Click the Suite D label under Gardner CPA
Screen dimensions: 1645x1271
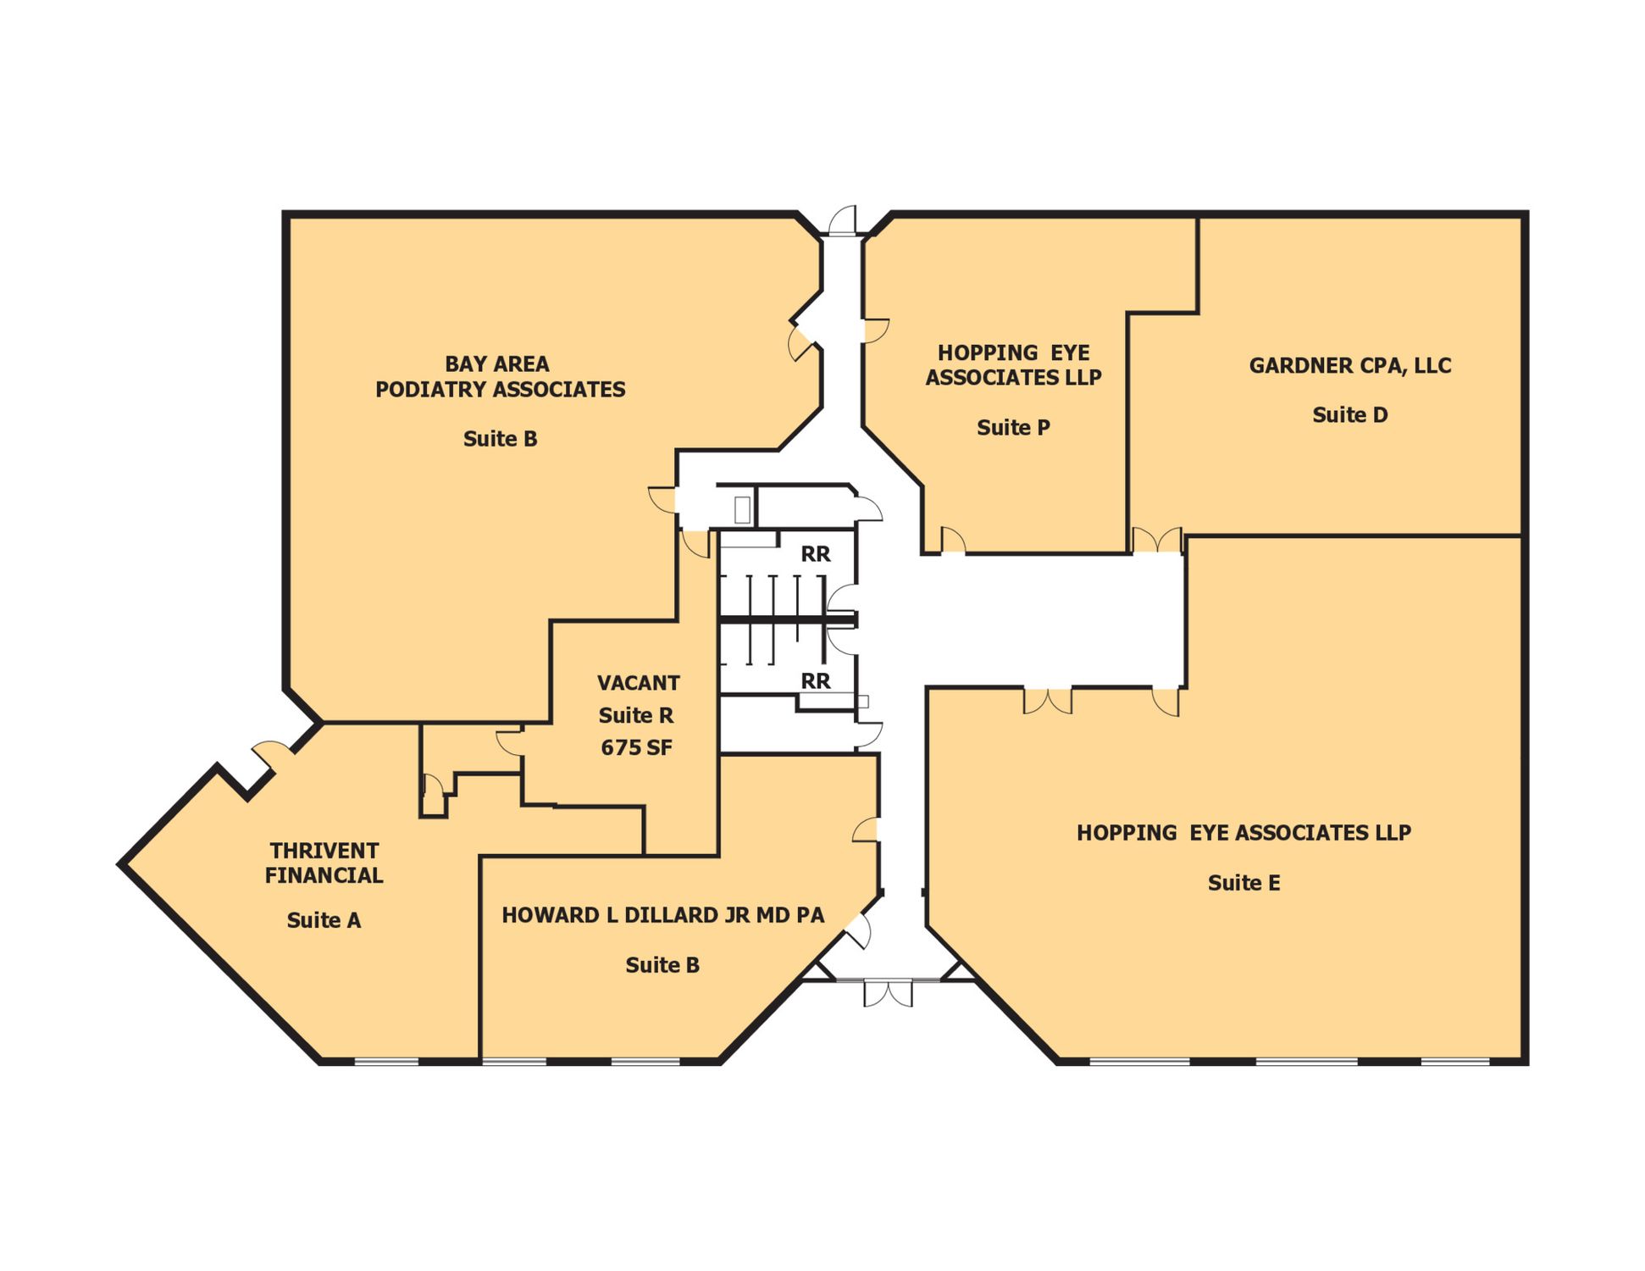1349,415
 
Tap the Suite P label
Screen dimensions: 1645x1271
1013,428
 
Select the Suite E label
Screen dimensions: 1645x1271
1243,883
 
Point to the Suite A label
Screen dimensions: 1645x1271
324,920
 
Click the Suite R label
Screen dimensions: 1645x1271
636,716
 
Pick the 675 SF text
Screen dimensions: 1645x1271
636,748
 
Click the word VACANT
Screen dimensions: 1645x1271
639,683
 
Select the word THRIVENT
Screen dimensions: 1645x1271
324,851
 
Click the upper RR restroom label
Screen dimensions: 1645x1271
816,554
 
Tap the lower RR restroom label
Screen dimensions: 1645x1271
816,681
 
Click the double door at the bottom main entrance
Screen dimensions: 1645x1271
888,994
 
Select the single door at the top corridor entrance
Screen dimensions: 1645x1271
842,220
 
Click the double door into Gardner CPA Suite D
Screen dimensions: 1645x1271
1157,541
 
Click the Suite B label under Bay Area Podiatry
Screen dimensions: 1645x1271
500,439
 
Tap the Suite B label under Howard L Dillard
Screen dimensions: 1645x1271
662,965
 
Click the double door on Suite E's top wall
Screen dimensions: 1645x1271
1048,701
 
